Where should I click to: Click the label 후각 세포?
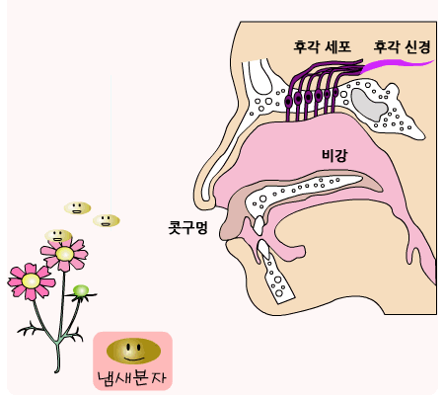(x=323, y=46)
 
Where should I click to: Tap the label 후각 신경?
(x=402, y=46)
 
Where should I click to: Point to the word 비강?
(x=334, y=155)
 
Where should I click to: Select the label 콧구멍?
(x=187, y=227)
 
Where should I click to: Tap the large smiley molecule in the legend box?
(x=133, y=351)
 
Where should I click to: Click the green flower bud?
(x=81, y=290)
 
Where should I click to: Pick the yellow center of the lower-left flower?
(x=31, y=281)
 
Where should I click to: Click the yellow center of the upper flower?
(x=64, y=254)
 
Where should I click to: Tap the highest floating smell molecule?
(x=77, y=208)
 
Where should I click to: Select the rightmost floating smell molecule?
(x=106, y=220)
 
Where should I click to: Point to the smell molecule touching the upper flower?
(x=58, y=235)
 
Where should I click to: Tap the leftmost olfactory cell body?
(x=288, y=102)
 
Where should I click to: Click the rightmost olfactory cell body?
(x=335, y=92)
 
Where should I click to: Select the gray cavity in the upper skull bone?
(x=368, y=105)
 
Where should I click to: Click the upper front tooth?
(x=259, y=225)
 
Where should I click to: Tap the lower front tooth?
(x=263, y=249)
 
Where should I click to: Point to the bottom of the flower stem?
(x=57, y=371)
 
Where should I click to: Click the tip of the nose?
(x=195, y=191)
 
